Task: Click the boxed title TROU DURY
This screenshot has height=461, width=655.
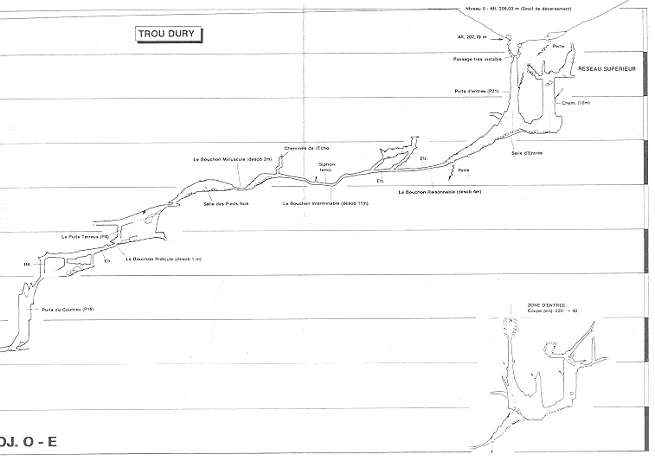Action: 170,35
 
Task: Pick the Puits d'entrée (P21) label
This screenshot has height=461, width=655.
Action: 477,91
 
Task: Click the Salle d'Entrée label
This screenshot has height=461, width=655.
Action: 526,152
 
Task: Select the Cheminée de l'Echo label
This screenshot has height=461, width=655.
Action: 307,148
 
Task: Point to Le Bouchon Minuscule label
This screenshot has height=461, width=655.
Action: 234,159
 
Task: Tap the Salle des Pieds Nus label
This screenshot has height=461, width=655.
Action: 226,203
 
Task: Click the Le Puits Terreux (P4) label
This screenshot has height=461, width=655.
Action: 86,236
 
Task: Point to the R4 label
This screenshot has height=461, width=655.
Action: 27,263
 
